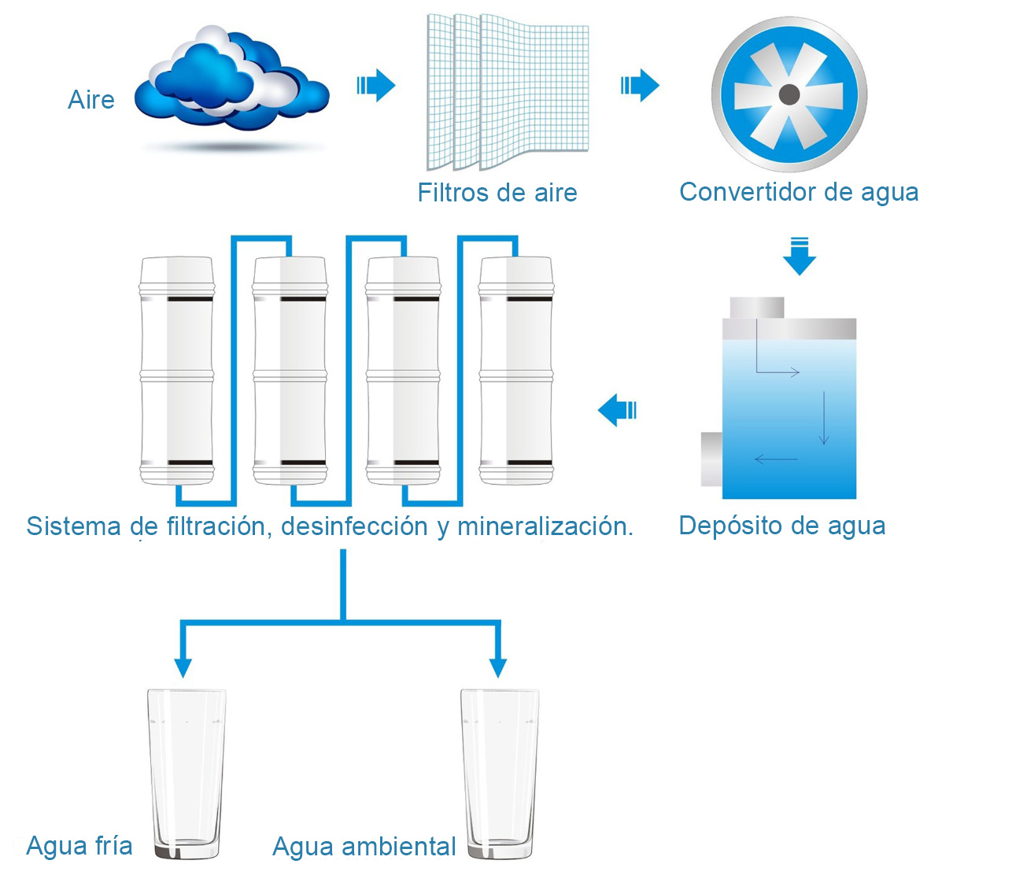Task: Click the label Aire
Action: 91,100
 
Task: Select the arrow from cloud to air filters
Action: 376,85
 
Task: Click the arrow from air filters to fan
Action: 640,85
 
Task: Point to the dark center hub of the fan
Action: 789,95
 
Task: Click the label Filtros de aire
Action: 497,193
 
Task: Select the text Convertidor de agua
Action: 799,192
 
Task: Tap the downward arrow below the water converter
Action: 800,257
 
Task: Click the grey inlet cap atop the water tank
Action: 757,308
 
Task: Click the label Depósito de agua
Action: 781,526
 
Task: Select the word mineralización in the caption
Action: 545,526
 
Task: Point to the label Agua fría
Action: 79,846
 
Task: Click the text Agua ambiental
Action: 364,847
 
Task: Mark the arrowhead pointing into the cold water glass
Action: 183,667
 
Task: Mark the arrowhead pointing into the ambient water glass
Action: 497,667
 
